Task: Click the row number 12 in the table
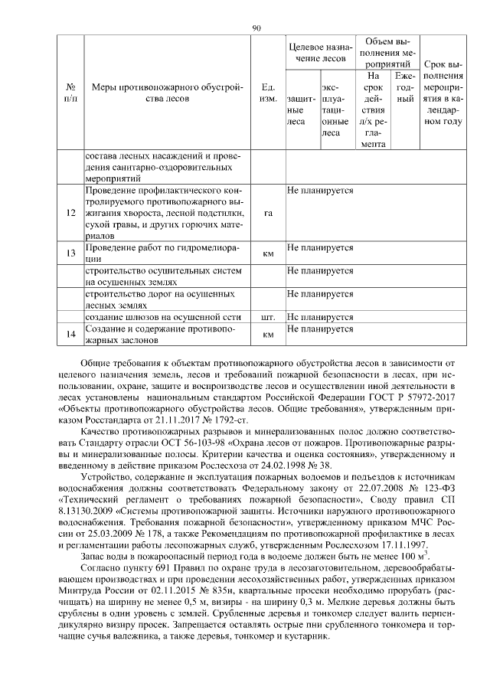click(70, 212)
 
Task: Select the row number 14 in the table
click(70, 333)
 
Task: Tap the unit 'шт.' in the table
click(268, 315)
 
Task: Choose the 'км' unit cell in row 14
click(268, 334)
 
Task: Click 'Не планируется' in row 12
click(320, 188)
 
